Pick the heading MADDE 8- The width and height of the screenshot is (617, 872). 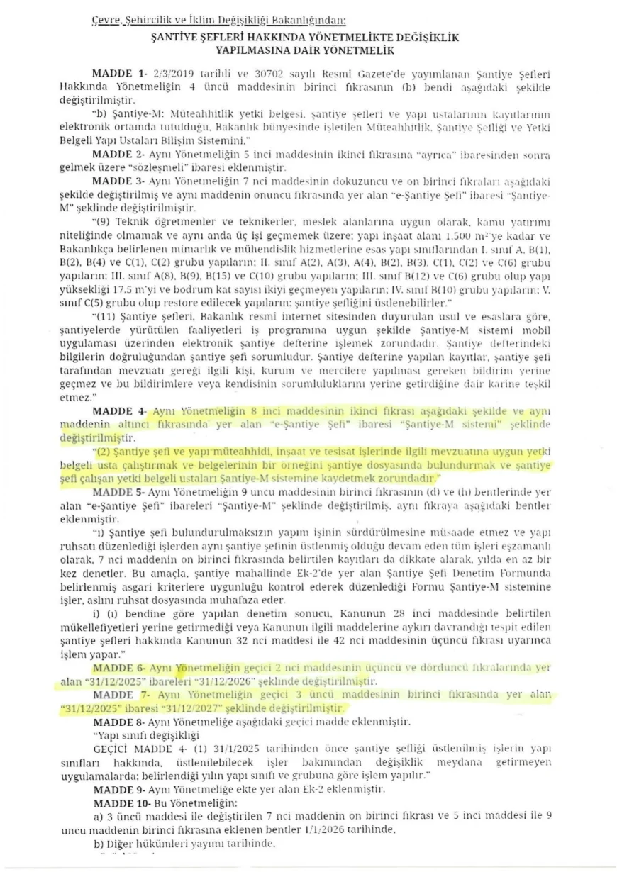[118, 721]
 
